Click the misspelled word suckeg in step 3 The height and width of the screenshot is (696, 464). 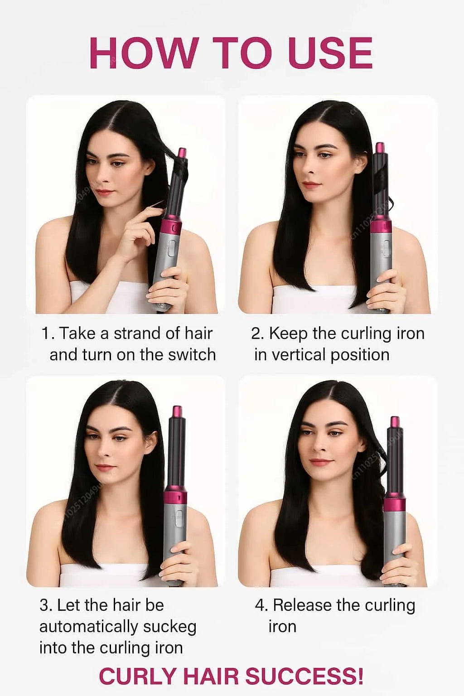click(169, 627)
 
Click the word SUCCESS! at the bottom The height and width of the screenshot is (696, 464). click(304, 676)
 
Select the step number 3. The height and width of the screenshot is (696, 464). click(44, 605)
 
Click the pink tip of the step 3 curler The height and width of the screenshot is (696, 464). click(176, 412)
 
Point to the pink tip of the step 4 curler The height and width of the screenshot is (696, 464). click(394, 421)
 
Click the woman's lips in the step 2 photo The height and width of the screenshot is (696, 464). click(311, 184)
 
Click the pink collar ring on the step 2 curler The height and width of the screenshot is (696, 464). click(382, 225)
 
